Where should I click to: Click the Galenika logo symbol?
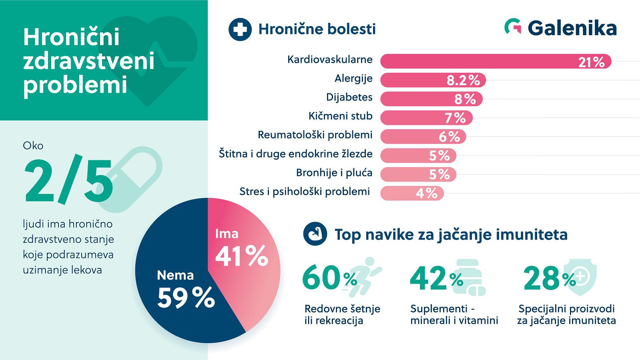pos(513,27)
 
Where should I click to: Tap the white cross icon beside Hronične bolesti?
pos(240,30)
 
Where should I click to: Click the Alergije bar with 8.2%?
pos(433,80)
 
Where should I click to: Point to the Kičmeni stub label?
pos(340,116)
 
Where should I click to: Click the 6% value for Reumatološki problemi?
pos(449,136)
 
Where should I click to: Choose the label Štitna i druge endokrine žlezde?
pos(295,154)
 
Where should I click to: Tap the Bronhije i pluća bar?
pos(418,174)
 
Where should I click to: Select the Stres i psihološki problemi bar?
pos(411,193)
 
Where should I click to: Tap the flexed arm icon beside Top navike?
pos(315,234)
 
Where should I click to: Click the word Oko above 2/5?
pos(33,146)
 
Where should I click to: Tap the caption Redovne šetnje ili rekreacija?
pos(342,314)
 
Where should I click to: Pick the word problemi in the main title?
pos(75,85)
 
